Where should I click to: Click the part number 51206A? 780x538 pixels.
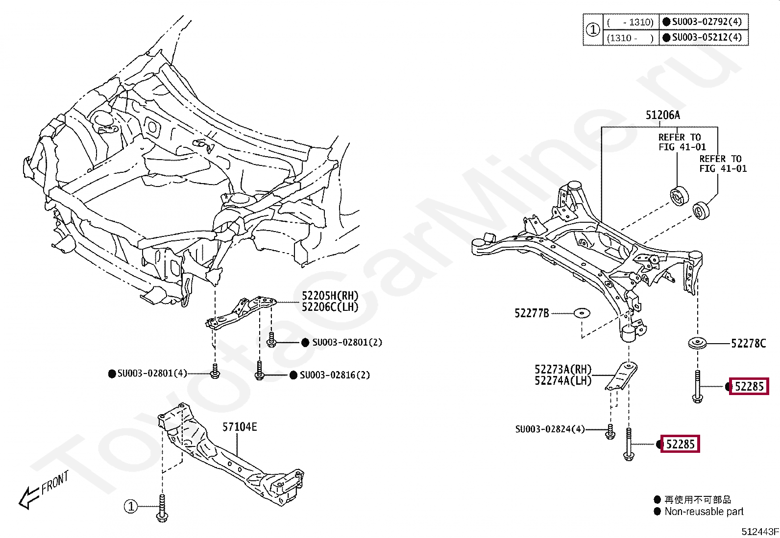point(662,115)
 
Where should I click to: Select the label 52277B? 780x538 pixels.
point(532,313)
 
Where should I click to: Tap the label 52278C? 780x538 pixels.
point(748,344)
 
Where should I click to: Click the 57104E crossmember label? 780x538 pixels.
point(240,427)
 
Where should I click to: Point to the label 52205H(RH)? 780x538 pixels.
point(330,296)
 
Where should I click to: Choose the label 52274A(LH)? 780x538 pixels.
point(563,381)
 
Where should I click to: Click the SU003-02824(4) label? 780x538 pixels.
point(550,429)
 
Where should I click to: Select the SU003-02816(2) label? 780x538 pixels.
point(335,375)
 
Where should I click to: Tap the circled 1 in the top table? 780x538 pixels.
point(593,29)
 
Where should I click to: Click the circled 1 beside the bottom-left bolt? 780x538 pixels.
point(131,506)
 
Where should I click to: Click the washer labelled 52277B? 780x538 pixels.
point(582,313)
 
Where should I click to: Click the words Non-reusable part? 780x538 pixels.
point(704,511)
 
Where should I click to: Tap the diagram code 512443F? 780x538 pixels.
point(760,531)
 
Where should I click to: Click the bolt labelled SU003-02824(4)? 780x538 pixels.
point(610,431)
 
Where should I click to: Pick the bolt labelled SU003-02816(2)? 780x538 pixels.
point(259,370)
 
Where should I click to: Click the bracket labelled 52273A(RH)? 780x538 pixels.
point(622,376)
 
